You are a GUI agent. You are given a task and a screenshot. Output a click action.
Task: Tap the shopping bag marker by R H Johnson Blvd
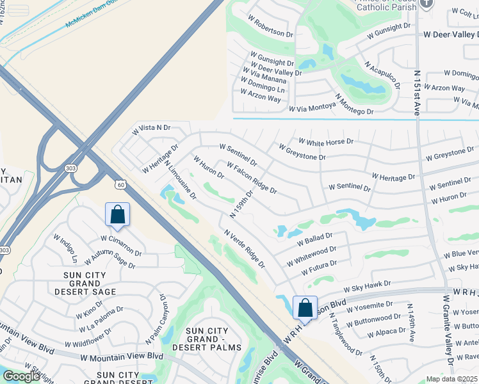[x=305, y=307]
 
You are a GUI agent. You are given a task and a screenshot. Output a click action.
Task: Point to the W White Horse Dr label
[x=326, y=141]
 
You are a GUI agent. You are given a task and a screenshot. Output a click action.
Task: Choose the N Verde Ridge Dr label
[x=244, y=249]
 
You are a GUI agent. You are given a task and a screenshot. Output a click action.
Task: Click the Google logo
[x=21, y=376]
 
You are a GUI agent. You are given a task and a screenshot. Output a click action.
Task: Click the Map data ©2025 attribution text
[x=452, y=379]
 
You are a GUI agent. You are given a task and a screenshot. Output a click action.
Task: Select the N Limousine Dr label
[x=180, y=178]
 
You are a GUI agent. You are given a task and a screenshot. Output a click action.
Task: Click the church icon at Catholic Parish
[x=428, y=3]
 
